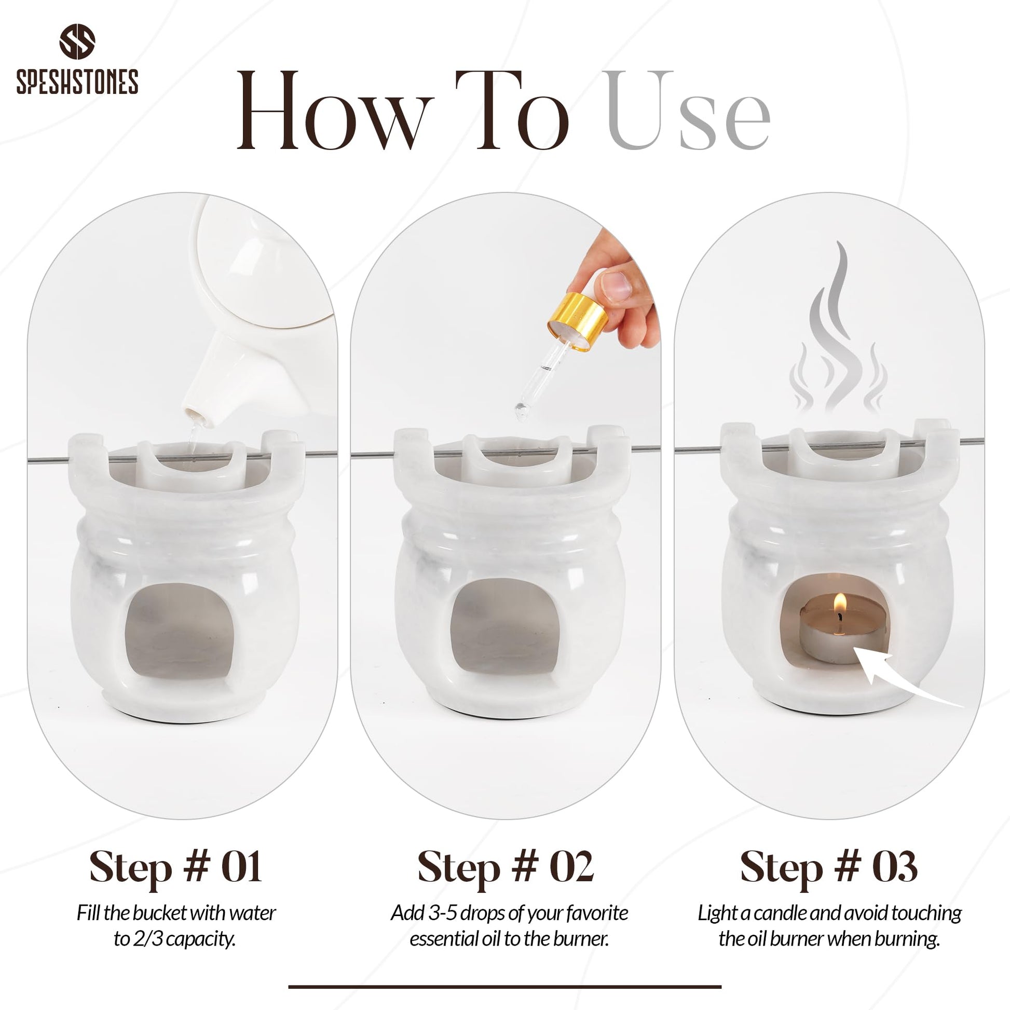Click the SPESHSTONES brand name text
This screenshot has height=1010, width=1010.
77,81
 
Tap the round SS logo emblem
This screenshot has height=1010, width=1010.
77,42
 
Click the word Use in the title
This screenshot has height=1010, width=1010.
688,111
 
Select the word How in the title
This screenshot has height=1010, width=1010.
335,111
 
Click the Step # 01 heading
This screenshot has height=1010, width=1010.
175,867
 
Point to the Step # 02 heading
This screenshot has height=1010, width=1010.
506,867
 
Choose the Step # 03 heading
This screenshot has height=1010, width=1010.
829,867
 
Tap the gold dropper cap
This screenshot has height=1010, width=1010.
578,321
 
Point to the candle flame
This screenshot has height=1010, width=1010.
840,603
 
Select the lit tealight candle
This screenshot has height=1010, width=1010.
843,629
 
